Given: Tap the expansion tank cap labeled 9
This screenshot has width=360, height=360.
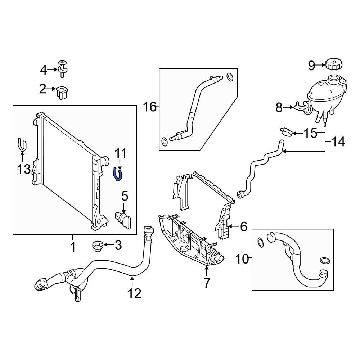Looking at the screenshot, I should tap(334, 65).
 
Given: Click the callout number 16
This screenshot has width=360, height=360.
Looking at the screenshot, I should tap(150, 107).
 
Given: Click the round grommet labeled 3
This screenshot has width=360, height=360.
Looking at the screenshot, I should tap(98, 247).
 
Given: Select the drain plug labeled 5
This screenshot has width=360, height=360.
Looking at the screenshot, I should tap(123, 219).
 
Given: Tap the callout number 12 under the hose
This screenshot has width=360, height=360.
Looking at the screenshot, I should tap(135, 293).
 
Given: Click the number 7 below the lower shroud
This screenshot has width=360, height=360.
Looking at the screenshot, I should tap(207, 283).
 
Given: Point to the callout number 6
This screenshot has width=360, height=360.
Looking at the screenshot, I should tap(243, 227).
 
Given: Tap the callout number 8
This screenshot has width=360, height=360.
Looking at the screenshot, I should tap(279, 107).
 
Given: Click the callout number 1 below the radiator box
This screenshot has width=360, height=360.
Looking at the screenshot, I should tap(72, 247).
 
